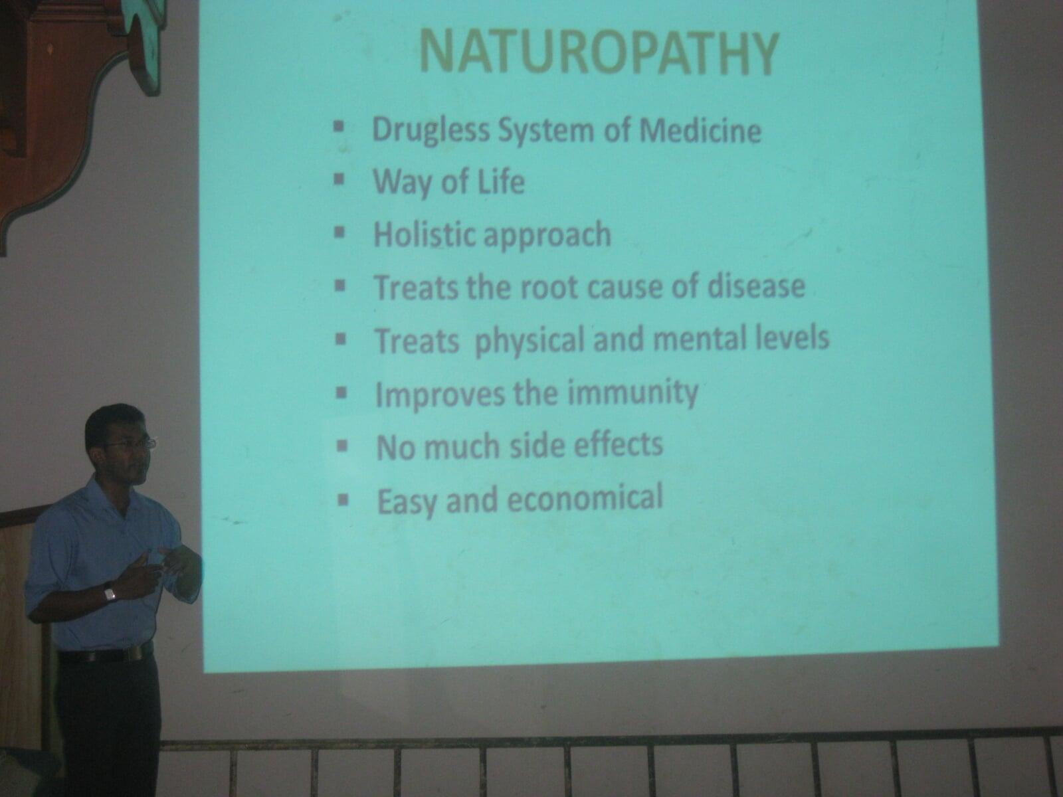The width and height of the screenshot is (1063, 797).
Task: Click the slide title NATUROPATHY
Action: (598, 52)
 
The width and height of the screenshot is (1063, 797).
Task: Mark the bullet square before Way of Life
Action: (339, 179)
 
